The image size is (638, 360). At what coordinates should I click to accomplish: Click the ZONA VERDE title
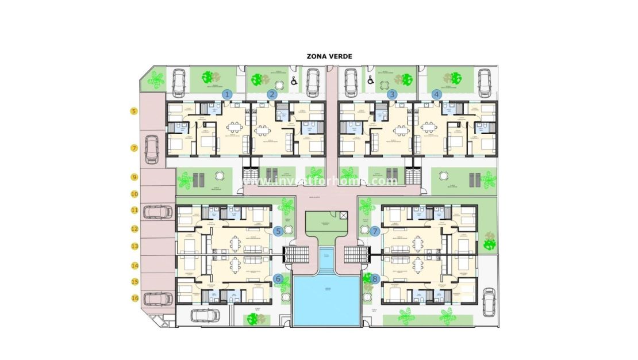[x=329, y=56]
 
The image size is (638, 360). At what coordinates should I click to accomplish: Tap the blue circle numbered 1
[x=227, y=94]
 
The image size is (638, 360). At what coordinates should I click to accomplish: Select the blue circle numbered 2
[x=272, y=94]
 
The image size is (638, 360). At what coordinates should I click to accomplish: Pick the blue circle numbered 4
[x=437, y=94]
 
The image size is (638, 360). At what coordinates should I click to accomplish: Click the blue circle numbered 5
[x=278, y=231]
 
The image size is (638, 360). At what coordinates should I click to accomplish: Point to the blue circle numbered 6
[x=279, y=279]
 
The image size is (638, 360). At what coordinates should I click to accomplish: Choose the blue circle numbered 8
[x=375, y=279]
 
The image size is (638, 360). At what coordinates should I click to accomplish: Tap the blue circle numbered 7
[x=375, y=231]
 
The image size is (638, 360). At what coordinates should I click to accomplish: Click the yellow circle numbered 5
[x=134, y=111]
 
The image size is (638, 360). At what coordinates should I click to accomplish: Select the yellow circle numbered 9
[x=134, y=178]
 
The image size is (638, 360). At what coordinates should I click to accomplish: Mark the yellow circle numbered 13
[x=134, y=246]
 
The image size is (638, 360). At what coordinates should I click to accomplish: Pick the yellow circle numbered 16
[x=134, y=298]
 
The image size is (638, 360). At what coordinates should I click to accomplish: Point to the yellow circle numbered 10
[x=134, y=194]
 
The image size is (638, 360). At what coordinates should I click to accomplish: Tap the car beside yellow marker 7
[x=153, y=149]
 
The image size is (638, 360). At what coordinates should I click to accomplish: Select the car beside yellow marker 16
[x=157, y=299]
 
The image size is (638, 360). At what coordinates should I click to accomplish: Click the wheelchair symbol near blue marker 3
[x=371, y=81]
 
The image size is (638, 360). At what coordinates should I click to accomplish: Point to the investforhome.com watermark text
[x=320, y=181]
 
